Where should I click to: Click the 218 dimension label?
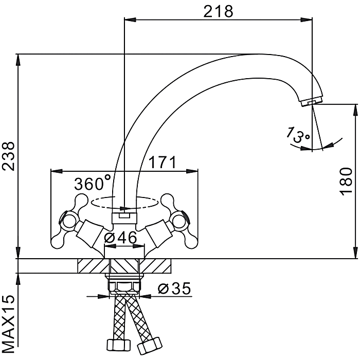(x=218, y=11)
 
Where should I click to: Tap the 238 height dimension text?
(x=8, y=156)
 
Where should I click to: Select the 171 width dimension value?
(x=163, y=162)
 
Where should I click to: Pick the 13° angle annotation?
(x=298, y=135)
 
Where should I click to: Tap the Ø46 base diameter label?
(x=121, y=237)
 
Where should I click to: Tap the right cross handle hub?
(x=179, y=222)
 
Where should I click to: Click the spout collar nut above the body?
(x=124, y=218)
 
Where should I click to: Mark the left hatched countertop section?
(x=94, y=266)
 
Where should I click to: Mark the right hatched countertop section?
(x=155, y=266)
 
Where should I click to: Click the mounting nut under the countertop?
(x=124, y=284)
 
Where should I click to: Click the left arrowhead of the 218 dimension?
(x=130, y=20)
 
